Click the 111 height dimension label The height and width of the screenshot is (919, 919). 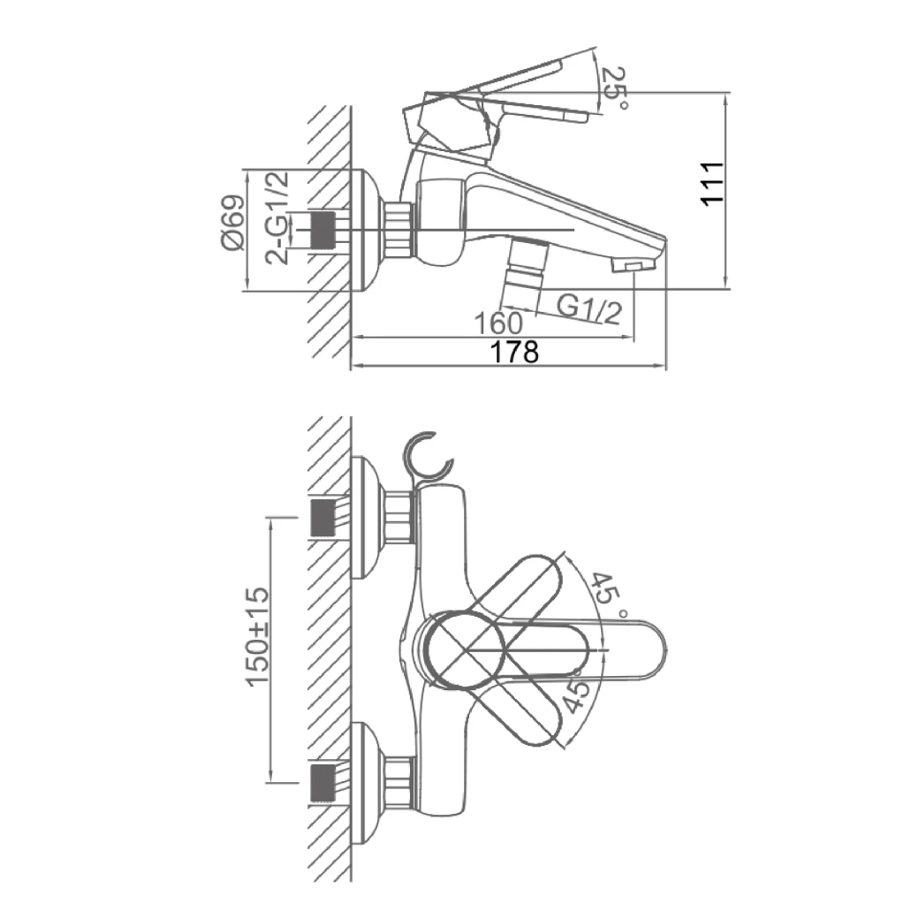click(713, 183)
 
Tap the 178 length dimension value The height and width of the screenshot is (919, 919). click(514, 353)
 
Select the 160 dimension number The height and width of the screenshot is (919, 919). click(497, 323)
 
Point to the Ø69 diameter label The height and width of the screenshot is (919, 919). click(232, 223)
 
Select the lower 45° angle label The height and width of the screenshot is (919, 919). click(575, 695)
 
